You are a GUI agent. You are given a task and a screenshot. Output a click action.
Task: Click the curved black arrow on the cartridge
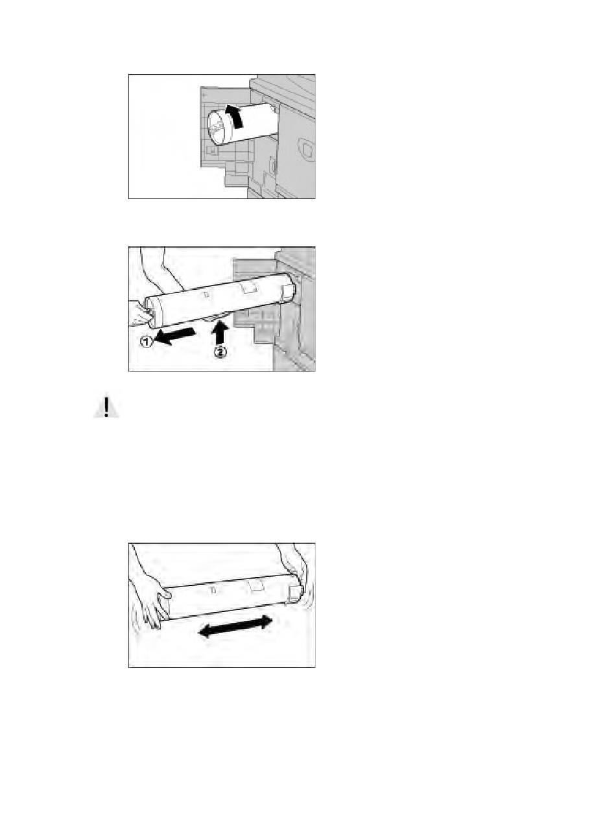coord(235,115)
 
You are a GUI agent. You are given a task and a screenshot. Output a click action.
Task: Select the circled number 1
coord(146,342)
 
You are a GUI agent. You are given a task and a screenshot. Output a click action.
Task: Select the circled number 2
coord(219,352)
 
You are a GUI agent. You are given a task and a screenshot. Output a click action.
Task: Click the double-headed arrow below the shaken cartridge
coord(235,626)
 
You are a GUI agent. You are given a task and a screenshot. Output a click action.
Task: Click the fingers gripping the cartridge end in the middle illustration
coord(141,314)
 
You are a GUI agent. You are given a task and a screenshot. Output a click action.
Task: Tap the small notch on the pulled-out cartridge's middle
coord(206,295)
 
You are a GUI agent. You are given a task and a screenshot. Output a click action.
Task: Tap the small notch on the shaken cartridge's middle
coord(213,590)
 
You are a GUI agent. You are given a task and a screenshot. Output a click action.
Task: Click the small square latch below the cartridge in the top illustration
coord(212,150)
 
